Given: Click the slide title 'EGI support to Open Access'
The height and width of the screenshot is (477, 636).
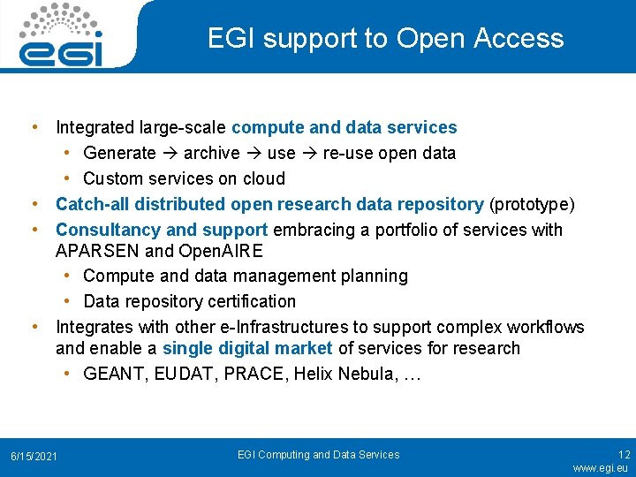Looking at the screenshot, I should [385, 38].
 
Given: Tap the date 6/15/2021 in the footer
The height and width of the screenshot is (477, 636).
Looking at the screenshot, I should [34, 456].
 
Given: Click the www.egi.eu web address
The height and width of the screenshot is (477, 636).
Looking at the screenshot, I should [601, 468].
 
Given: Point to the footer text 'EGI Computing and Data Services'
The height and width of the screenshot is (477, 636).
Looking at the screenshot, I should [318, 455].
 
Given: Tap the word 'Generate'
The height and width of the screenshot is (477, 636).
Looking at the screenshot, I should [119, 154].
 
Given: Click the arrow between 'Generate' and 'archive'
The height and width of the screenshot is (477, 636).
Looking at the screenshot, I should [170, 154].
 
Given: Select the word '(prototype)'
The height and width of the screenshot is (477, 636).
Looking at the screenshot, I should [532, 205].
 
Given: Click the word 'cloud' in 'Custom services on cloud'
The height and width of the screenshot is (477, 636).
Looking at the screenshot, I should [263, 179].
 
